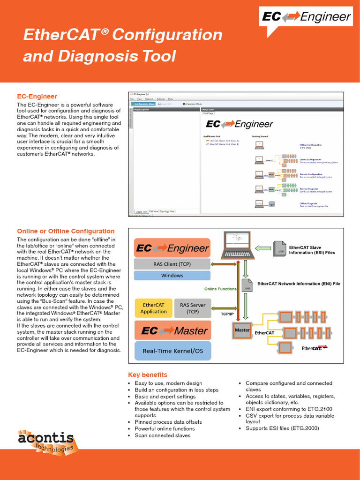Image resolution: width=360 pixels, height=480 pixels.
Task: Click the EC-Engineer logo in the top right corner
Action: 306,17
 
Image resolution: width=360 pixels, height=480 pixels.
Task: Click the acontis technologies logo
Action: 46,441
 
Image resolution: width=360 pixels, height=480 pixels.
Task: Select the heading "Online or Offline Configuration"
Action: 66,231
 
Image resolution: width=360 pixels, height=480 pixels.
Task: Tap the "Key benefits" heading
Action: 148,375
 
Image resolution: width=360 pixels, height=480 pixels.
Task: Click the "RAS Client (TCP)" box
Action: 172,264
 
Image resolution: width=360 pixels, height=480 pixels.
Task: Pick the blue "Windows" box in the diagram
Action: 172,276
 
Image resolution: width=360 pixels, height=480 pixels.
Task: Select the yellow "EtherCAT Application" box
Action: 153,308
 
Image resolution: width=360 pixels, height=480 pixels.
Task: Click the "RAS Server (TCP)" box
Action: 193,308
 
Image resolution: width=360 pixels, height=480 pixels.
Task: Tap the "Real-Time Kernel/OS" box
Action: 172,351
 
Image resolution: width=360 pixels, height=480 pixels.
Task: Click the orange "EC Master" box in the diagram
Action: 172,330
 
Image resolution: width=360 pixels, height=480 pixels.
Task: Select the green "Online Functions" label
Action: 220,289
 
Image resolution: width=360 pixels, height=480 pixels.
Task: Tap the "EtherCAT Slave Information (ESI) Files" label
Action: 312,250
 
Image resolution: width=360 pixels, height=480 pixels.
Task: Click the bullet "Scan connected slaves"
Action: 162,435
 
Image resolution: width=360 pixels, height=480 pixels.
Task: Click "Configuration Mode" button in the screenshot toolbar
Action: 144,104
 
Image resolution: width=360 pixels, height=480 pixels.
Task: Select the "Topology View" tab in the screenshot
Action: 167,211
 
